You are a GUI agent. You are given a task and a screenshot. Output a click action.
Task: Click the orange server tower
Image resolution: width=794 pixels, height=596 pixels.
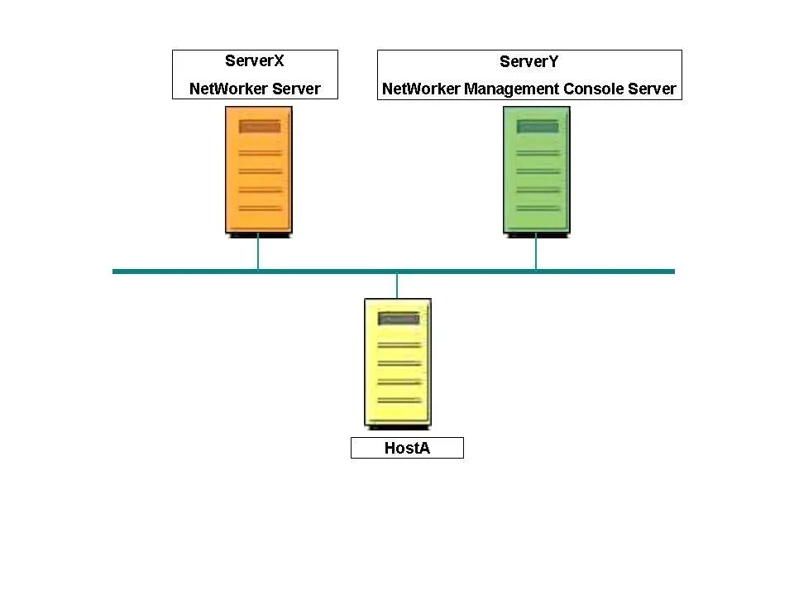[x=259, y=171]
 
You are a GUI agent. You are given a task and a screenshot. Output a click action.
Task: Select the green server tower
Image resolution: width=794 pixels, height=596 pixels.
[x=537, y=171]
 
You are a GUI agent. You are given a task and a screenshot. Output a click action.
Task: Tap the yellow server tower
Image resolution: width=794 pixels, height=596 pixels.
[x=398, y=363]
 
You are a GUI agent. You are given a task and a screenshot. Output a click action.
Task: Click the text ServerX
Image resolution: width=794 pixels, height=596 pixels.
[x=254, y=60]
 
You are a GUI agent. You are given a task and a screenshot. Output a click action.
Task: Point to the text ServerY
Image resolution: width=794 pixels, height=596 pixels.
[x=529, y=61]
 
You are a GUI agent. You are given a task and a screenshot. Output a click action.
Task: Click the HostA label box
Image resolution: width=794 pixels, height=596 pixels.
[x=407, y=448]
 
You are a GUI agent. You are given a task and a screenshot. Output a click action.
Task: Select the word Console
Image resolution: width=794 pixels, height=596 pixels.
[x=594, y=89]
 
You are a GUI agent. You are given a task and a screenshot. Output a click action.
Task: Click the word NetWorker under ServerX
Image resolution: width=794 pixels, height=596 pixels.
[x=228, y=89]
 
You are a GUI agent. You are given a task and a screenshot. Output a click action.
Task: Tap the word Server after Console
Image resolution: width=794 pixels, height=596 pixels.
[x=653, y=89]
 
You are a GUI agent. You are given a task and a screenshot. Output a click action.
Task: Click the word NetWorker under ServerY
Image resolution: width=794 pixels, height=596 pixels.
[x=421, y=89]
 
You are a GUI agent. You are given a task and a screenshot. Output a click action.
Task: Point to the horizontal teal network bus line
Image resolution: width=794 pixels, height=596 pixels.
[x=394, y=272]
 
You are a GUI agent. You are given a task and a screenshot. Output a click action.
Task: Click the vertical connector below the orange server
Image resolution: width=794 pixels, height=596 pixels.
[x=258, y=252]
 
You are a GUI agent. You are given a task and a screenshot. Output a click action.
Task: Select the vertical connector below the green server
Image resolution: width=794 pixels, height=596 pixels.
[x=536, y=252]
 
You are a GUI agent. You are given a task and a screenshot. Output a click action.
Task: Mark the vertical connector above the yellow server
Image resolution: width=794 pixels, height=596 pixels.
[x=397, y=286]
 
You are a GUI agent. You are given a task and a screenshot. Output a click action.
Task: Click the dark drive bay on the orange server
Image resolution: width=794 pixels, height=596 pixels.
[x=260, y=126]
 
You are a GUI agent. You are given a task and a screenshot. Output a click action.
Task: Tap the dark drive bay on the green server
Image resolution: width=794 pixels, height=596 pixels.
[x=538, y=126]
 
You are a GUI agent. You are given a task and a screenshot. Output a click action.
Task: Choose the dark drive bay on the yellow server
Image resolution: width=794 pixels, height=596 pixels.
[x=399, y=318]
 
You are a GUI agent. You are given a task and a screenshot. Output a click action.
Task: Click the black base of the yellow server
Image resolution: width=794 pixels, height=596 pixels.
[x=399, y=427]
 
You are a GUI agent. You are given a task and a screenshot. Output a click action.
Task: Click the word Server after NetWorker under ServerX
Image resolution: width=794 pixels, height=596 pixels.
[x=296, y=89]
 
